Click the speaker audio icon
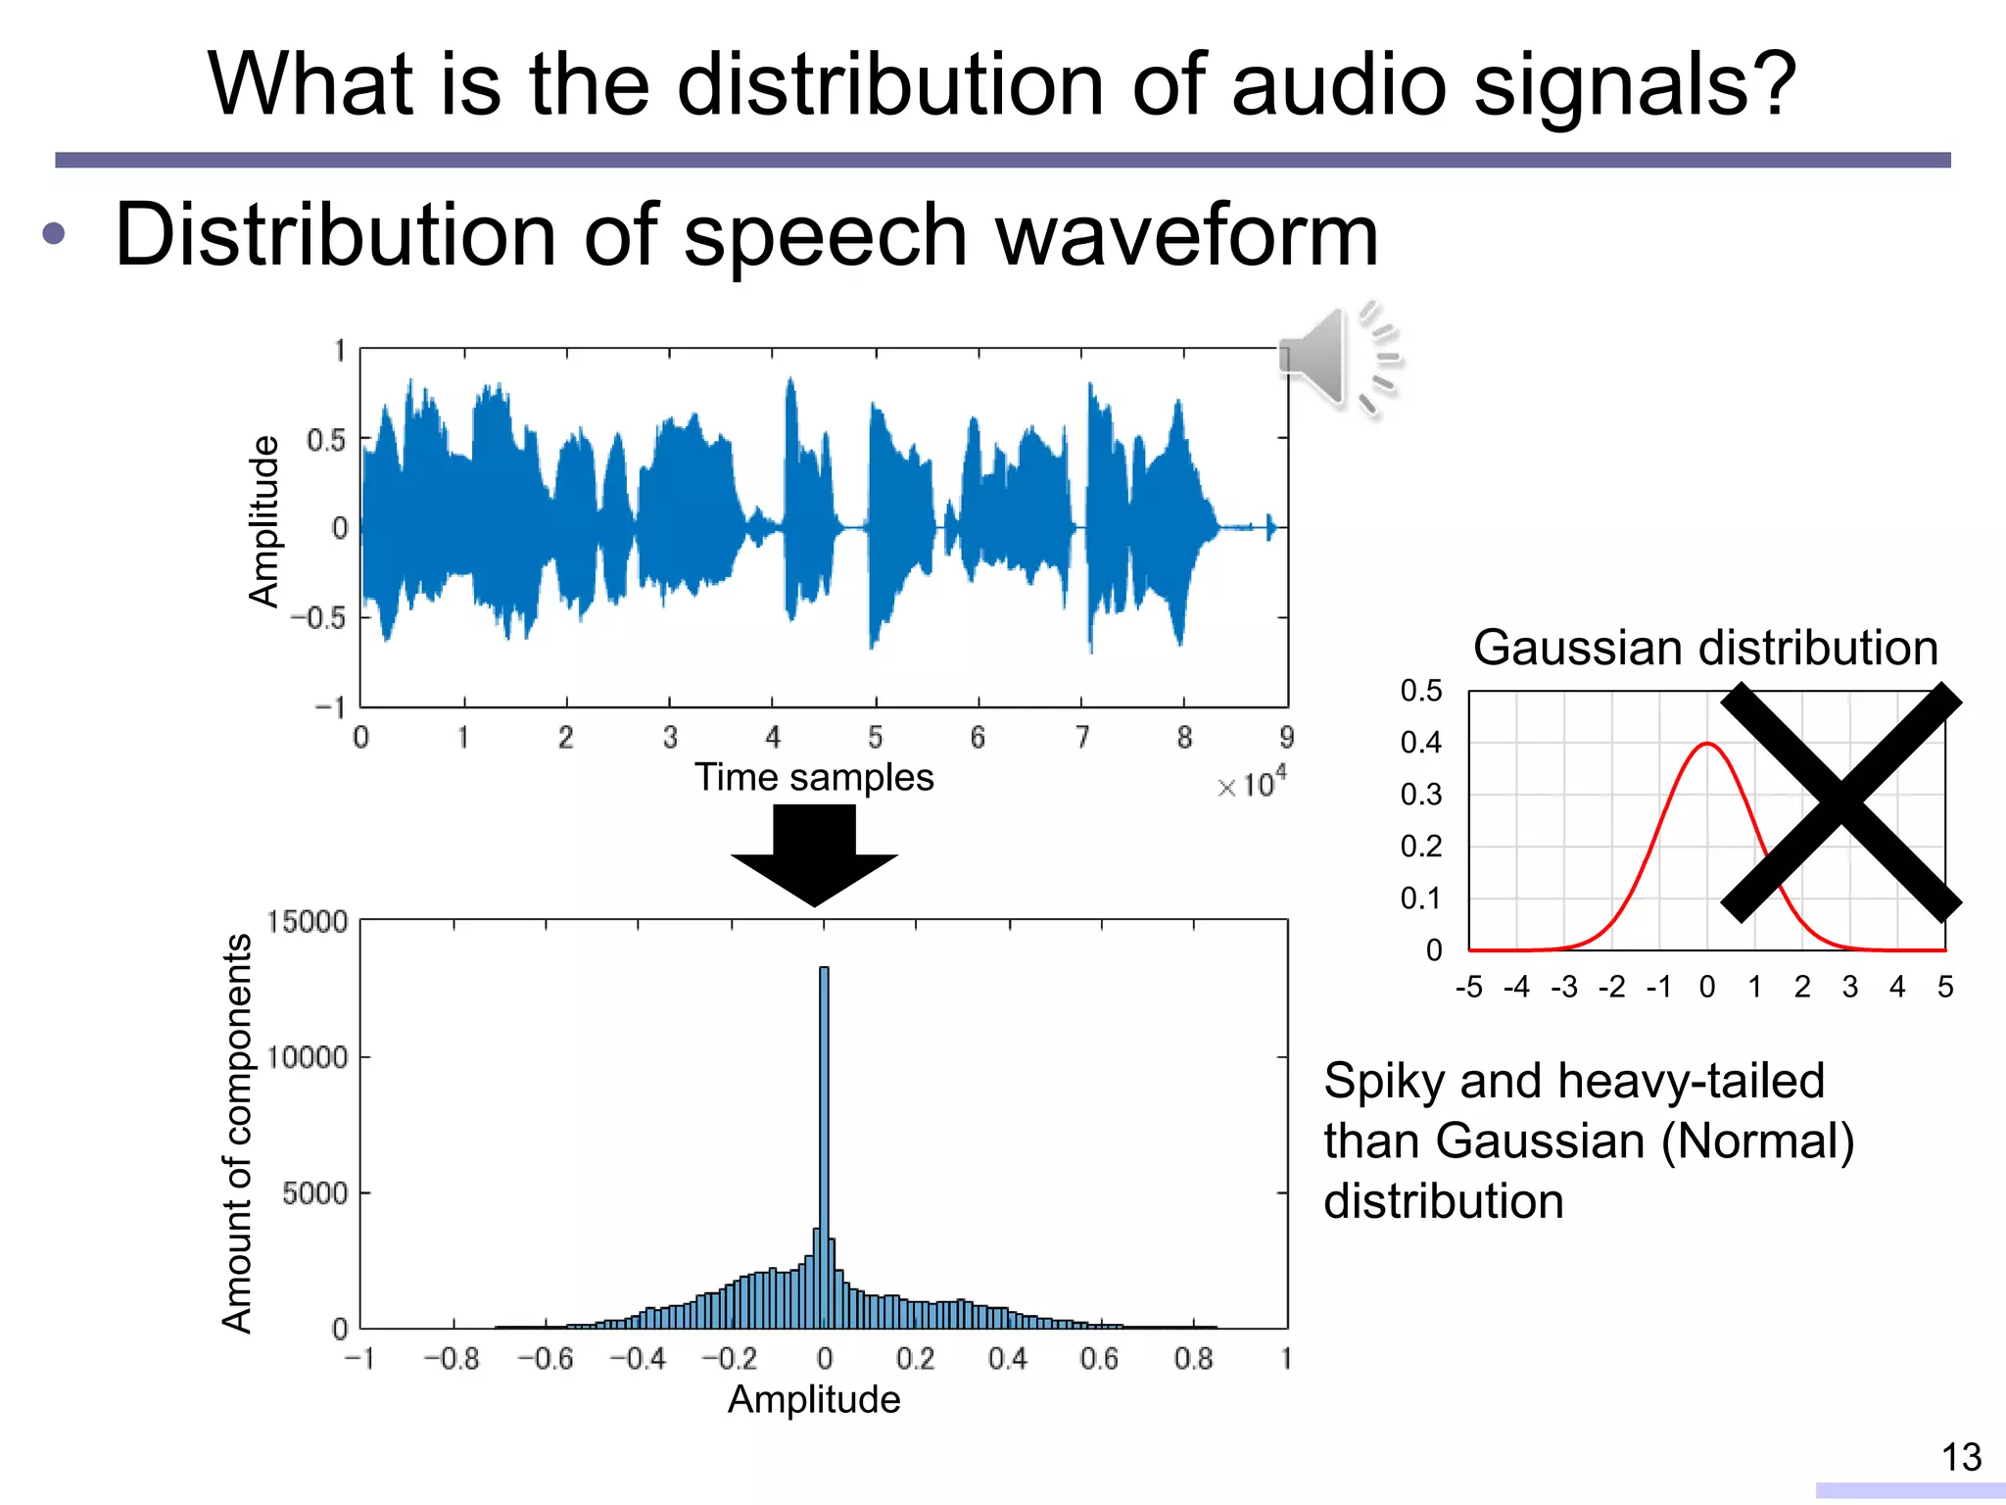point(1338,359)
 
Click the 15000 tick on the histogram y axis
point(307,922)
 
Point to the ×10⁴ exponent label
point(1252,784)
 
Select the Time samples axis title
point(814,777)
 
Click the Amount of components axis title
point(237,1133)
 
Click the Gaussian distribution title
point(1705,649)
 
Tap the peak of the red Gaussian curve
point(1707,745)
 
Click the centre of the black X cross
point(1841,802)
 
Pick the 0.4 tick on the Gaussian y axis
point(1420,743)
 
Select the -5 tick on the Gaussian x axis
point(1468,987)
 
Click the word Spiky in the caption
point(1383,1082)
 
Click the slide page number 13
point(1961,1458)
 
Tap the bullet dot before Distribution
point(54,234)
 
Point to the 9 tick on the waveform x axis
point(1286,738)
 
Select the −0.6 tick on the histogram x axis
point(545,1359)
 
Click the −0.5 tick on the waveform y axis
point(318,618)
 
